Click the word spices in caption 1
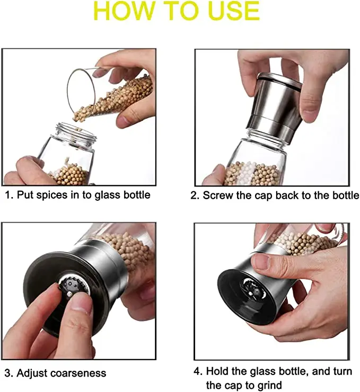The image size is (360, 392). tap(54, 195)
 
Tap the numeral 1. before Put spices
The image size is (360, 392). tap(9, 195)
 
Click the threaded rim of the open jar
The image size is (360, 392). tap(76, 132)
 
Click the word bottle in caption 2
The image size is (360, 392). tap(344, 195)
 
